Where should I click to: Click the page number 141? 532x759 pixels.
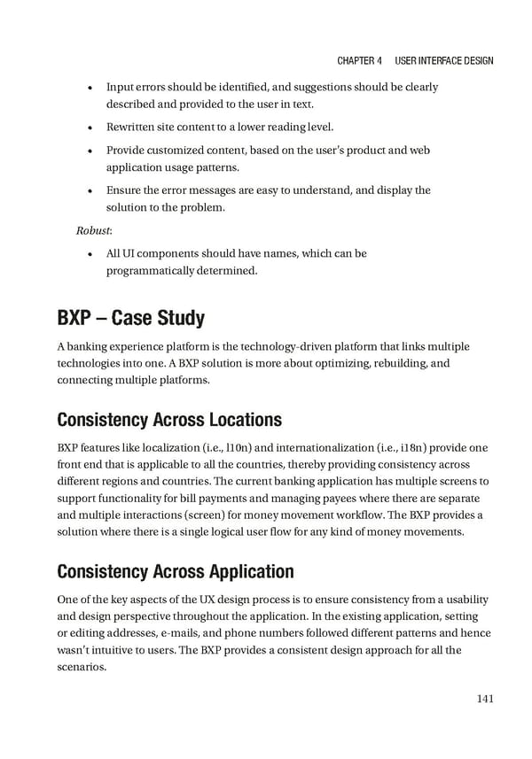point(484,700)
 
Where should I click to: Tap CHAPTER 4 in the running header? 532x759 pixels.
point(359,61)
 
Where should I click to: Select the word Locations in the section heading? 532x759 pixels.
point(249,419)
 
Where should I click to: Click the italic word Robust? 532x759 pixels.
point(92,231)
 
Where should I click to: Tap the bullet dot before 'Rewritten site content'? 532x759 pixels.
point(92,128)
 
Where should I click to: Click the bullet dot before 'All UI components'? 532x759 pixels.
point(92,254)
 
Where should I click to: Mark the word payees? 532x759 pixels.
point(317,499)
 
